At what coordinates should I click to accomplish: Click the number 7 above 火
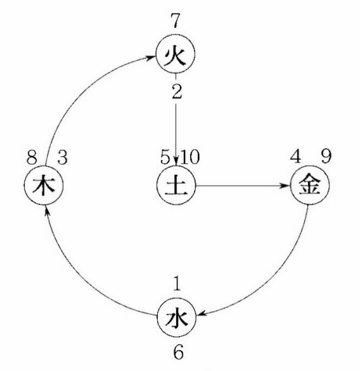176,20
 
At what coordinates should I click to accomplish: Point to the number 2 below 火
177,92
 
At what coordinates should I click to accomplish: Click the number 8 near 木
32,157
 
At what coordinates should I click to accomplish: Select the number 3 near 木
62,157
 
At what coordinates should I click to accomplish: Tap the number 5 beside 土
165,157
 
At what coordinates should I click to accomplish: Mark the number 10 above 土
190,157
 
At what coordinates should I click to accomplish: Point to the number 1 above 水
177,283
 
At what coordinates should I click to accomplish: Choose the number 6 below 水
178,352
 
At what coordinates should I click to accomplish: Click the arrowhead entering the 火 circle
151,57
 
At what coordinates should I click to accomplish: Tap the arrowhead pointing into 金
285,186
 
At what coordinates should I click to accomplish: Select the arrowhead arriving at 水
202,314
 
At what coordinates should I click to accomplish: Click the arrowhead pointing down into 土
176,161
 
